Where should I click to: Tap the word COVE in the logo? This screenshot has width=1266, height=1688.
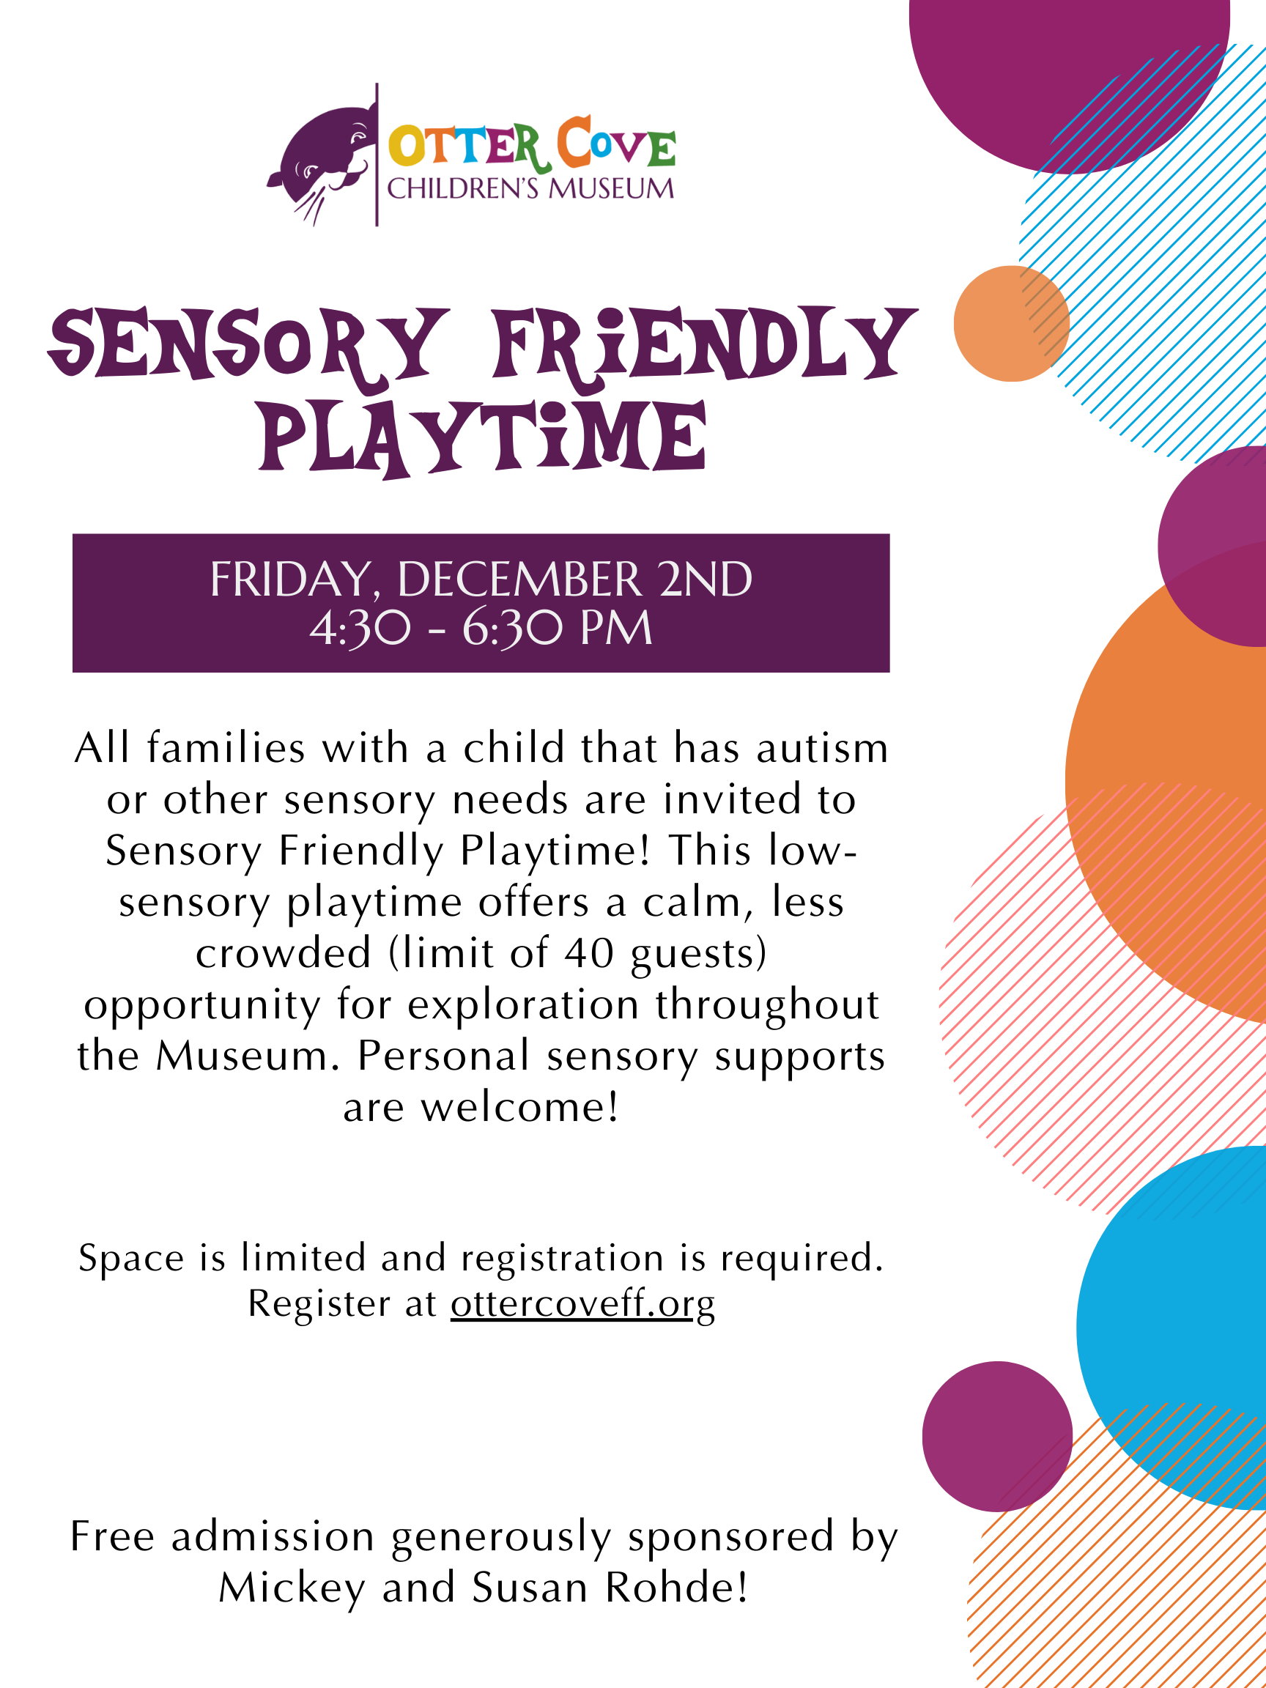[616, 144]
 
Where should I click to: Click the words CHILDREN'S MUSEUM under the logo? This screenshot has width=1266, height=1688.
[531, 188]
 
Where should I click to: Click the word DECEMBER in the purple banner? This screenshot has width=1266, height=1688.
[519, 580]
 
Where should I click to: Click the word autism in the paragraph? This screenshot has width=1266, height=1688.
[823, 748]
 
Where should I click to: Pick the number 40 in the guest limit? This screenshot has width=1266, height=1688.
[589, 953]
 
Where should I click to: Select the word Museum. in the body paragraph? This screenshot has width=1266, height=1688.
[248, 1056]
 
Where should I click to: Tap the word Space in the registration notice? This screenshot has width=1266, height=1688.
[131, 1259]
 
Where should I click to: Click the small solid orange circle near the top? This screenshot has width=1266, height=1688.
[1011, 324]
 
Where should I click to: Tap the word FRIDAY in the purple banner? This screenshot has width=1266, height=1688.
[292, 580]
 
